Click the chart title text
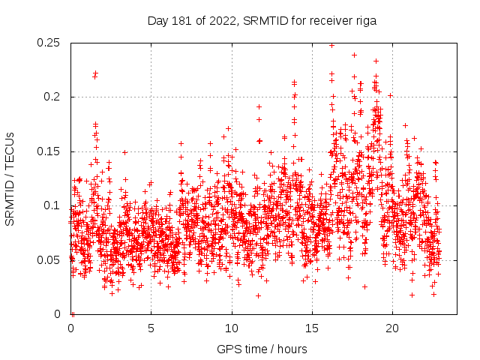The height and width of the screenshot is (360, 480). (x=262, y=20)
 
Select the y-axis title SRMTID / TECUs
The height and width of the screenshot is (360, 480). (x=10, y=178)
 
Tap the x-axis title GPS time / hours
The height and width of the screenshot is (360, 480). (x=262, y=349)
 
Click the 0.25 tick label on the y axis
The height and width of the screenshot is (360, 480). (x=50, y=43)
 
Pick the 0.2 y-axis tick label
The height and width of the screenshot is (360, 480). (x=54, y=97)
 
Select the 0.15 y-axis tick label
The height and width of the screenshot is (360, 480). (x=50, y=151)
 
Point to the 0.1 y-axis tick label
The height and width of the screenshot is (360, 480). (x=54, y=205)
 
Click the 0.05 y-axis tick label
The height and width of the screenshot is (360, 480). (x=50, y=260)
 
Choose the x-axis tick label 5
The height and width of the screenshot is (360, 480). (x=151, y=328)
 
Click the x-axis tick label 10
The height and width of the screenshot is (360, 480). (x=232, y=328)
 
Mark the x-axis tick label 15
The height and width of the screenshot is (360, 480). (x=312, y=328)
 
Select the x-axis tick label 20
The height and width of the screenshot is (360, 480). (x=392, y=328)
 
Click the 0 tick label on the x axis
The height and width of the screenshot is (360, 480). (x=70, y=328)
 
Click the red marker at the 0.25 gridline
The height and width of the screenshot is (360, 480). (x=331, y=45)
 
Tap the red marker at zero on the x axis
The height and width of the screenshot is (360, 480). (x=72, y=313)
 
